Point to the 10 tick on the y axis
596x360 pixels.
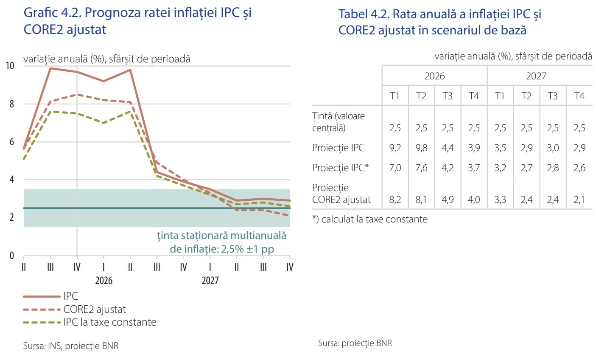coord(10,66)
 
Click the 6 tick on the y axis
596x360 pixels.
coord(12,142)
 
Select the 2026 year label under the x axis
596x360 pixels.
coord(104,281)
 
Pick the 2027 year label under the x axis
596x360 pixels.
coord(210,281)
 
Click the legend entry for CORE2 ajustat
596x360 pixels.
coord(94,309)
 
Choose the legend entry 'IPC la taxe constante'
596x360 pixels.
coord(109,322)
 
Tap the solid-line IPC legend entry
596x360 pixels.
coord(70,296)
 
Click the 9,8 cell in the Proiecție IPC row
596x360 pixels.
coord(421,148)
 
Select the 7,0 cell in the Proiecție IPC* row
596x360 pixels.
coord(395,168)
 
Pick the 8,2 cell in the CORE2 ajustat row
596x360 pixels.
coord(395,200)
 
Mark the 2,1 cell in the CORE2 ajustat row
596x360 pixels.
coord(579,200)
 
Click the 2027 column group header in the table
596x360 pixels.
coord(536,76)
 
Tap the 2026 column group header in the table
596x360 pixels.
coord(434,76)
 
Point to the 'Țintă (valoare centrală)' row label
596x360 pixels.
coord(339,122)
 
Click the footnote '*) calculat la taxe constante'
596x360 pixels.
coord(370,219)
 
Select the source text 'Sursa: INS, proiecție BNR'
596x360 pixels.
coord(71,346)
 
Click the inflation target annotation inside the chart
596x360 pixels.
coord(221,242)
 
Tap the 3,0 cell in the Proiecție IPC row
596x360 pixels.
coord(553,148)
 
